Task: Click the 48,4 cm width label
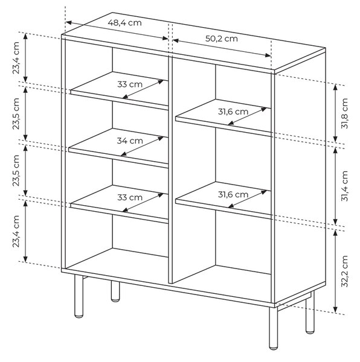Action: [124, 23]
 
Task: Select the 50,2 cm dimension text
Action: [221, 39]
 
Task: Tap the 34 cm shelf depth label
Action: [130, 141]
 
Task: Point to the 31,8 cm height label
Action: [344, 113]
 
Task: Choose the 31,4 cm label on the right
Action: [344, 186]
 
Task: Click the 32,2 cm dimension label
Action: [344, 271]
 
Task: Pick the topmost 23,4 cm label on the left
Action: [16, 58]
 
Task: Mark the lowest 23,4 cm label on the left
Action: [16, 231]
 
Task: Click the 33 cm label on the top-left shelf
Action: [130, 84]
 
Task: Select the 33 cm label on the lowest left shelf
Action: [130, 197]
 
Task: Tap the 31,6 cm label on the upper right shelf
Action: [233, 112]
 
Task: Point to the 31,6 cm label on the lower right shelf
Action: [233, 195]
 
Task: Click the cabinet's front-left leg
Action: [79, 296]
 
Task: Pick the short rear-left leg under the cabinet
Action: [115, 291]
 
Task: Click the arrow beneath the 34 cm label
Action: [142, 147]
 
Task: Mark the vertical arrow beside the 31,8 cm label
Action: [335, 113]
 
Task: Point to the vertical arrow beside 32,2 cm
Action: [335, 271]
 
